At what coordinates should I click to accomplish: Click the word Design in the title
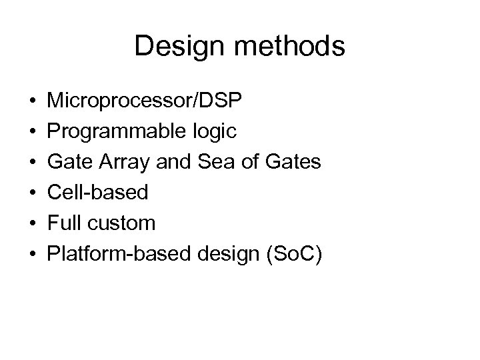[x=171, y=47]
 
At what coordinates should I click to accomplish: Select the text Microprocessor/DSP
[x=145, y=101]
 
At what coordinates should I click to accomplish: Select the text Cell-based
[x=98, y=193]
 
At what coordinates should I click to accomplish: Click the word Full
[x=67, y=223]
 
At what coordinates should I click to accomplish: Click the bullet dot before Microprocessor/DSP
[x=32, y=102]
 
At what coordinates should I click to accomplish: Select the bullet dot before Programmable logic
[x=32, y=132]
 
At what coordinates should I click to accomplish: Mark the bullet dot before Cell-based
[x=32, y=193]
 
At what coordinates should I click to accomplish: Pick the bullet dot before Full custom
[x=32, y=223]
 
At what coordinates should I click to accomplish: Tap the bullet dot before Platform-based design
[x=32, y=253]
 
